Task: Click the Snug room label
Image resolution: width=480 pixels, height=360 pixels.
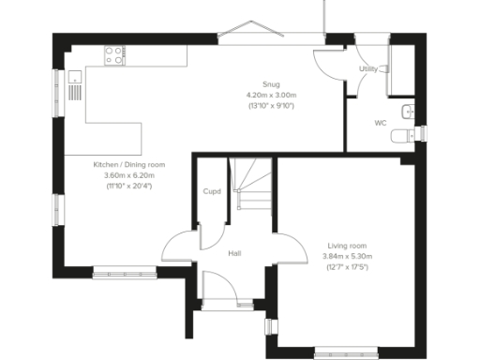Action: [x=271, y=83]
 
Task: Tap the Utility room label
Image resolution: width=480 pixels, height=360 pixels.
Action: [x=368, y=69]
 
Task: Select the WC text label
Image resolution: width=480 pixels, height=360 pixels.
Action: [x=381, y=123]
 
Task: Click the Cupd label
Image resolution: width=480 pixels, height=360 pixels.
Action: [x=212, y=192]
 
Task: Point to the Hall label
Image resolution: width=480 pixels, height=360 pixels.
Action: [x=236, y=253]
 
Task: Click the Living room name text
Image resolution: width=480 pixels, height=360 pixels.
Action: [x=347, y=245]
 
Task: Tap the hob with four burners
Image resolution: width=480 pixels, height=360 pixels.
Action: [x=115, y=56]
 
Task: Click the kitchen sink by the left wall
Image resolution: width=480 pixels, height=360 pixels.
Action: [x=75, y=87]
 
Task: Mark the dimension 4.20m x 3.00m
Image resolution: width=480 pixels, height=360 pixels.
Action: [x=271, y=95]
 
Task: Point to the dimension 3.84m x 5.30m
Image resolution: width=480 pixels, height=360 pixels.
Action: [x=347, y=256]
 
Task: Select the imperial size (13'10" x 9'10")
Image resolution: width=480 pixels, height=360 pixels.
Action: [x=271, y=106]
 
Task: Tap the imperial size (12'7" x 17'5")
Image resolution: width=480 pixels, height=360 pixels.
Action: [x=347, y=267]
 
